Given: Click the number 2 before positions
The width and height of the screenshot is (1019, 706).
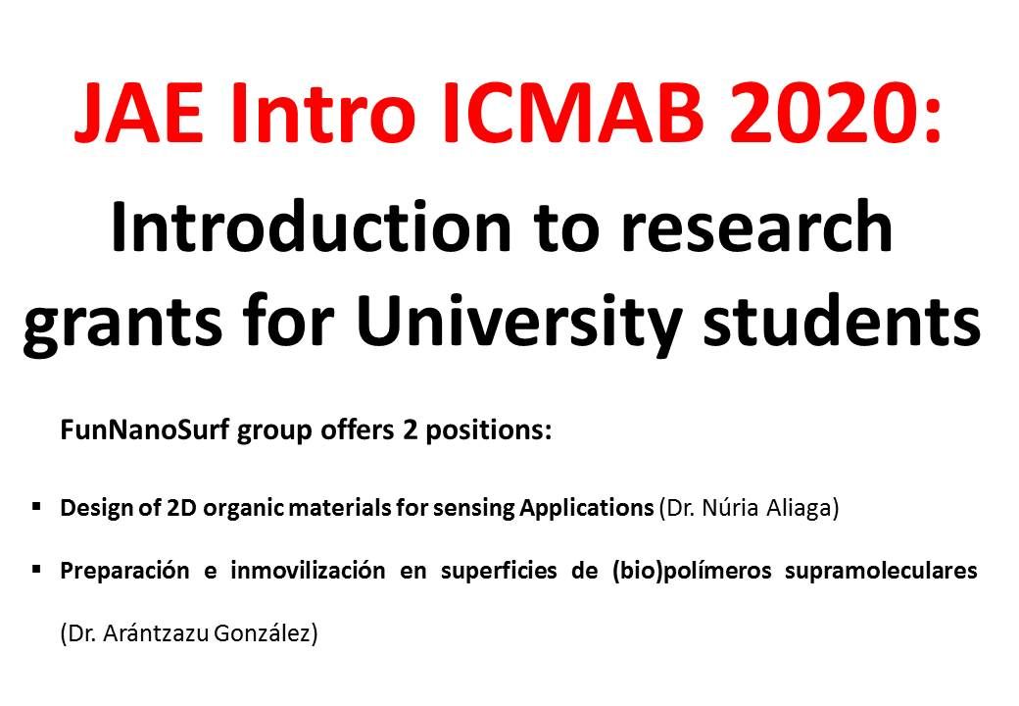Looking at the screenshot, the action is [410, 430].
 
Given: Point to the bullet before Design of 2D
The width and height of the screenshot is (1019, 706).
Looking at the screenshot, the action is [36, 505].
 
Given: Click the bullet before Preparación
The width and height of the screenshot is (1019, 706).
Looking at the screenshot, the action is [36, 569].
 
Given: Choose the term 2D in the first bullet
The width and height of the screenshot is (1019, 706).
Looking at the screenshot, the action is [182, 507].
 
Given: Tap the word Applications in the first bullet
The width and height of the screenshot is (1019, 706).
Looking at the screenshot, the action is [586, 508].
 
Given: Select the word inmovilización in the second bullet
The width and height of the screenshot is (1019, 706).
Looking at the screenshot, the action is [308, 571].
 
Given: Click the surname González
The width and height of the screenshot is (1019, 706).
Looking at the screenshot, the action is [266, 633].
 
